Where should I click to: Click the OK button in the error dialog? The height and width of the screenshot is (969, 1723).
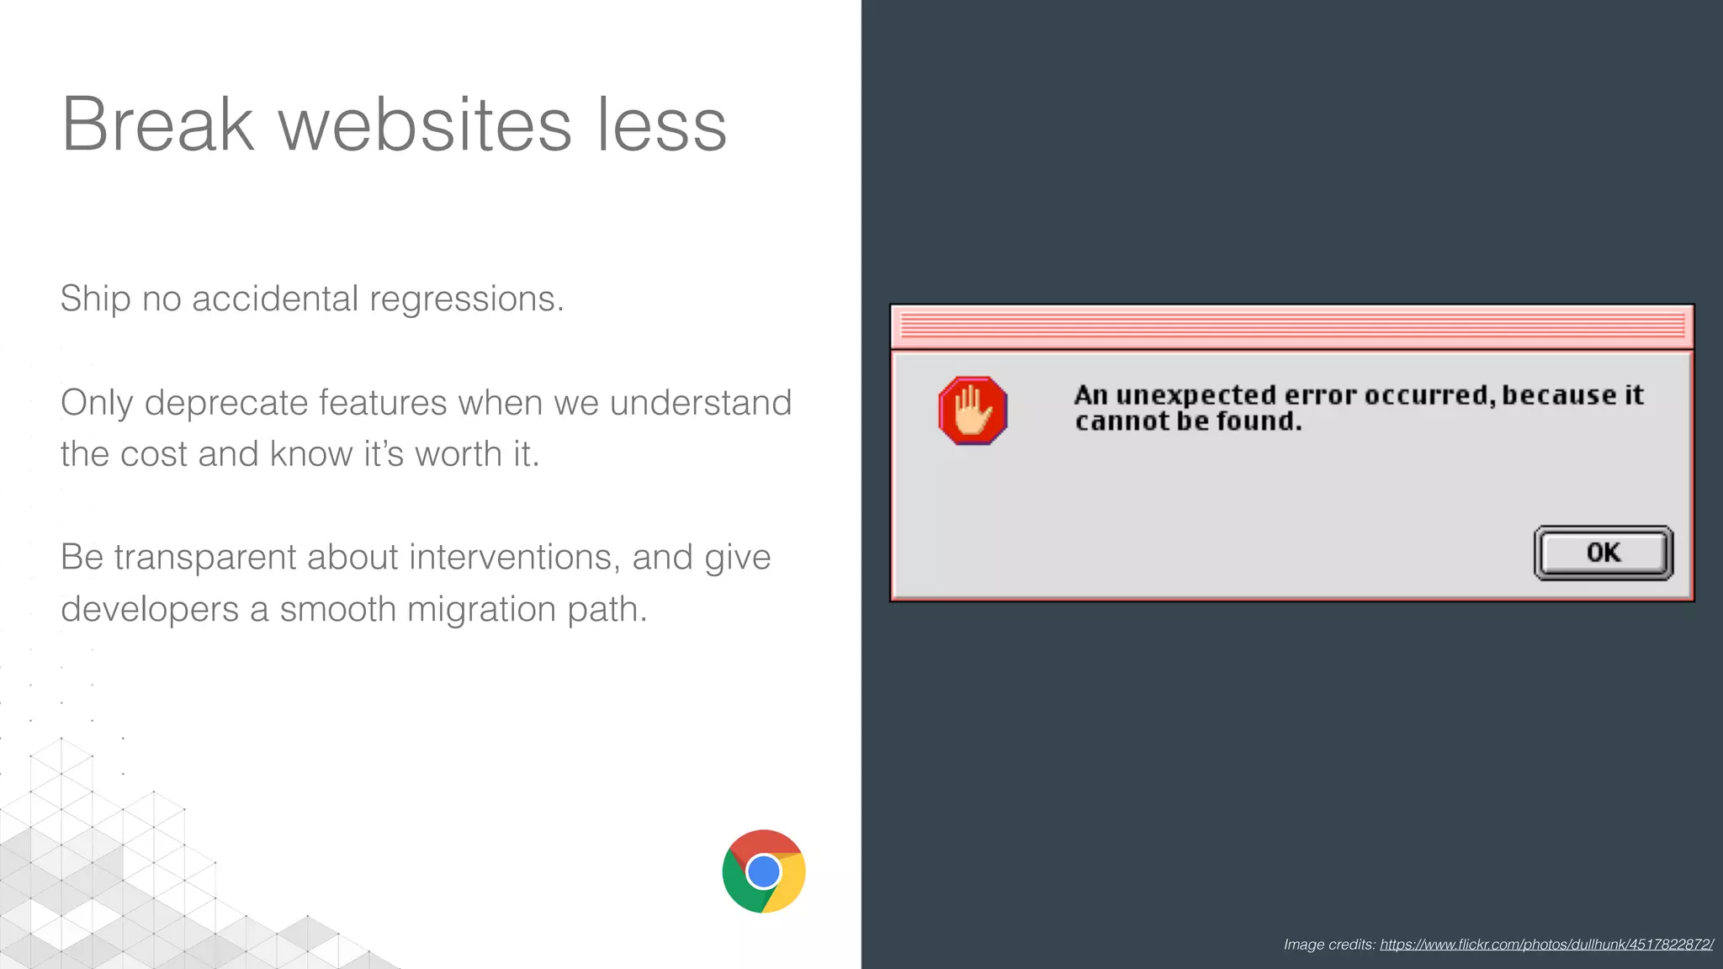1604,553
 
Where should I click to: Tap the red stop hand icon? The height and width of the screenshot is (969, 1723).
973,410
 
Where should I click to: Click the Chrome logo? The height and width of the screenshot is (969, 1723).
764,871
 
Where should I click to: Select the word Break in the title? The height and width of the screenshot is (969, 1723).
157,124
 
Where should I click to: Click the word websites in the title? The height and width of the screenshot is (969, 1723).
425,124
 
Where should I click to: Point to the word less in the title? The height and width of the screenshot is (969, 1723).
661,124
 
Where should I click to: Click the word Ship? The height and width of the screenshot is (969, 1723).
95,299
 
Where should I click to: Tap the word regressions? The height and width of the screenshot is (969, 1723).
466,299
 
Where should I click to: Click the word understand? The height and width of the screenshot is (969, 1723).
701,403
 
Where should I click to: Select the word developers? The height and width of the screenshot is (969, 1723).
150,610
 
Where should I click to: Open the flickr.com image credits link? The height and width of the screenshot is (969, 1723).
1546,945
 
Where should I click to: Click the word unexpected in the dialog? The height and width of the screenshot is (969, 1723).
1195,395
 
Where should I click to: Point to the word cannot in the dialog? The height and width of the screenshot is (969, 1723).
1121,421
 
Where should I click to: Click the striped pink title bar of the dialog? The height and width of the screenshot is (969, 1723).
1291,326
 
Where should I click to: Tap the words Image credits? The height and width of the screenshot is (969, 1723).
1328,945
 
